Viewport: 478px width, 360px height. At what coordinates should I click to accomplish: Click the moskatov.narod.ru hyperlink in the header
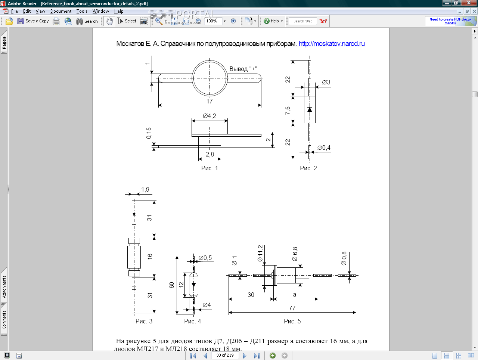tap(332, 44)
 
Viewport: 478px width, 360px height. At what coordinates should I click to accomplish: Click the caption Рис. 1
tap(209, 168)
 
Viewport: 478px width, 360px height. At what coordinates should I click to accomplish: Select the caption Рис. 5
tap(292, 322)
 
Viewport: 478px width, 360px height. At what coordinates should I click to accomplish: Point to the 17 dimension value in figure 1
tap(209, 101)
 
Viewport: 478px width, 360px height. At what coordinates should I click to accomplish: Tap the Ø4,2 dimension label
tap(209, 116)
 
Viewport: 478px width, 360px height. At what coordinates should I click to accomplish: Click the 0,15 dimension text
tap(149, 133)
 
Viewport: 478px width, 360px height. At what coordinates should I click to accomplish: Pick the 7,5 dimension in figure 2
tap(288, 111)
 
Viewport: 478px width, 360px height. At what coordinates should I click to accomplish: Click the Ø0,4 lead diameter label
tap(324, 148)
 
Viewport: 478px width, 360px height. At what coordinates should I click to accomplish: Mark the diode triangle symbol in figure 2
tap(310, 109)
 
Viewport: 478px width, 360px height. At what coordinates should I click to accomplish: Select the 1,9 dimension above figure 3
tap(145, 190)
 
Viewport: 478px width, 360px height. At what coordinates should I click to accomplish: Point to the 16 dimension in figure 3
tap(150, 257)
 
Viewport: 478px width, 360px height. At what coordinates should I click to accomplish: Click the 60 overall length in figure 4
tap(172, 285)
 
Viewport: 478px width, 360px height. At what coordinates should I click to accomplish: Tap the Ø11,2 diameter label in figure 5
tap(260, 253)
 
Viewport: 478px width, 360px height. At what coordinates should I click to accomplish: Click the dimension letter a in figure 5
tap(294, 295)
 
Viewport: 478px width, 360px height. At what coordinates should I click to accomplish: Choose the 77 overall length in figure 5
tap(292, 308)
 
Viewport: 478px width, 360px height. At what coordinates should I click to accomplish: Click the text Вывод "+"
tap(243, 69)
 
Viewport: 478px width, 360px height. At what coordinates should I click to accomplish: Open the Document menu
tap(60, 11)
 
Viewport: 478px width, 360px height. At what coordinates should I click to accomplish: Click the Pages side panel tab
tap(4, 43)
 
